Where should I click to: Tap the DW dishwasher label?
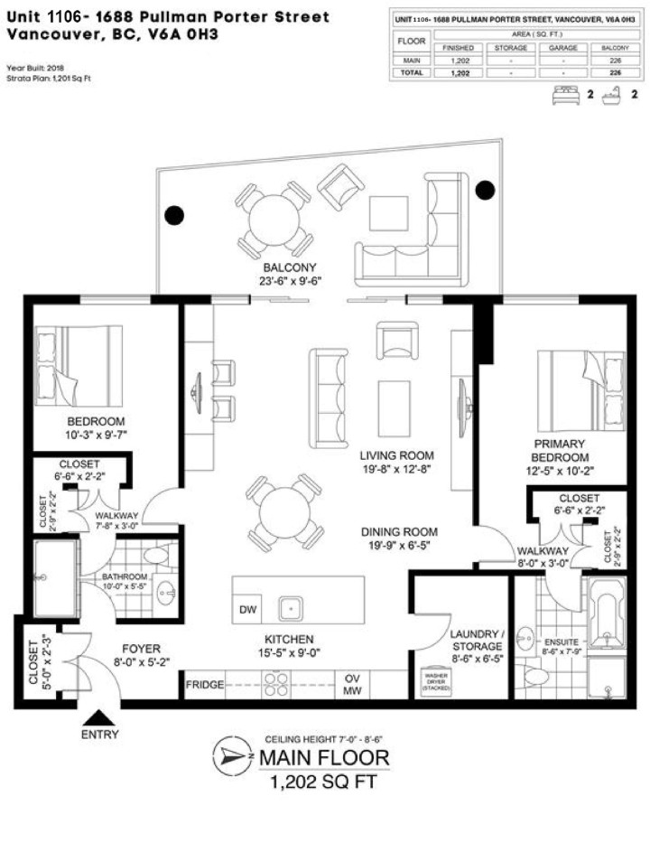pos(247,610)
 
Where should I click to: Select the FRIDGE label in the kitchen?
pos(205,685)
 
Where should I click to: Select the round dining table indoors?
pos(284,513)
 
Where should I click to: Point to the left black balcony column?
pos(173,215)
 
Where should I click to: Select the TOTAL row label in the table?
pos(410,70)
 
